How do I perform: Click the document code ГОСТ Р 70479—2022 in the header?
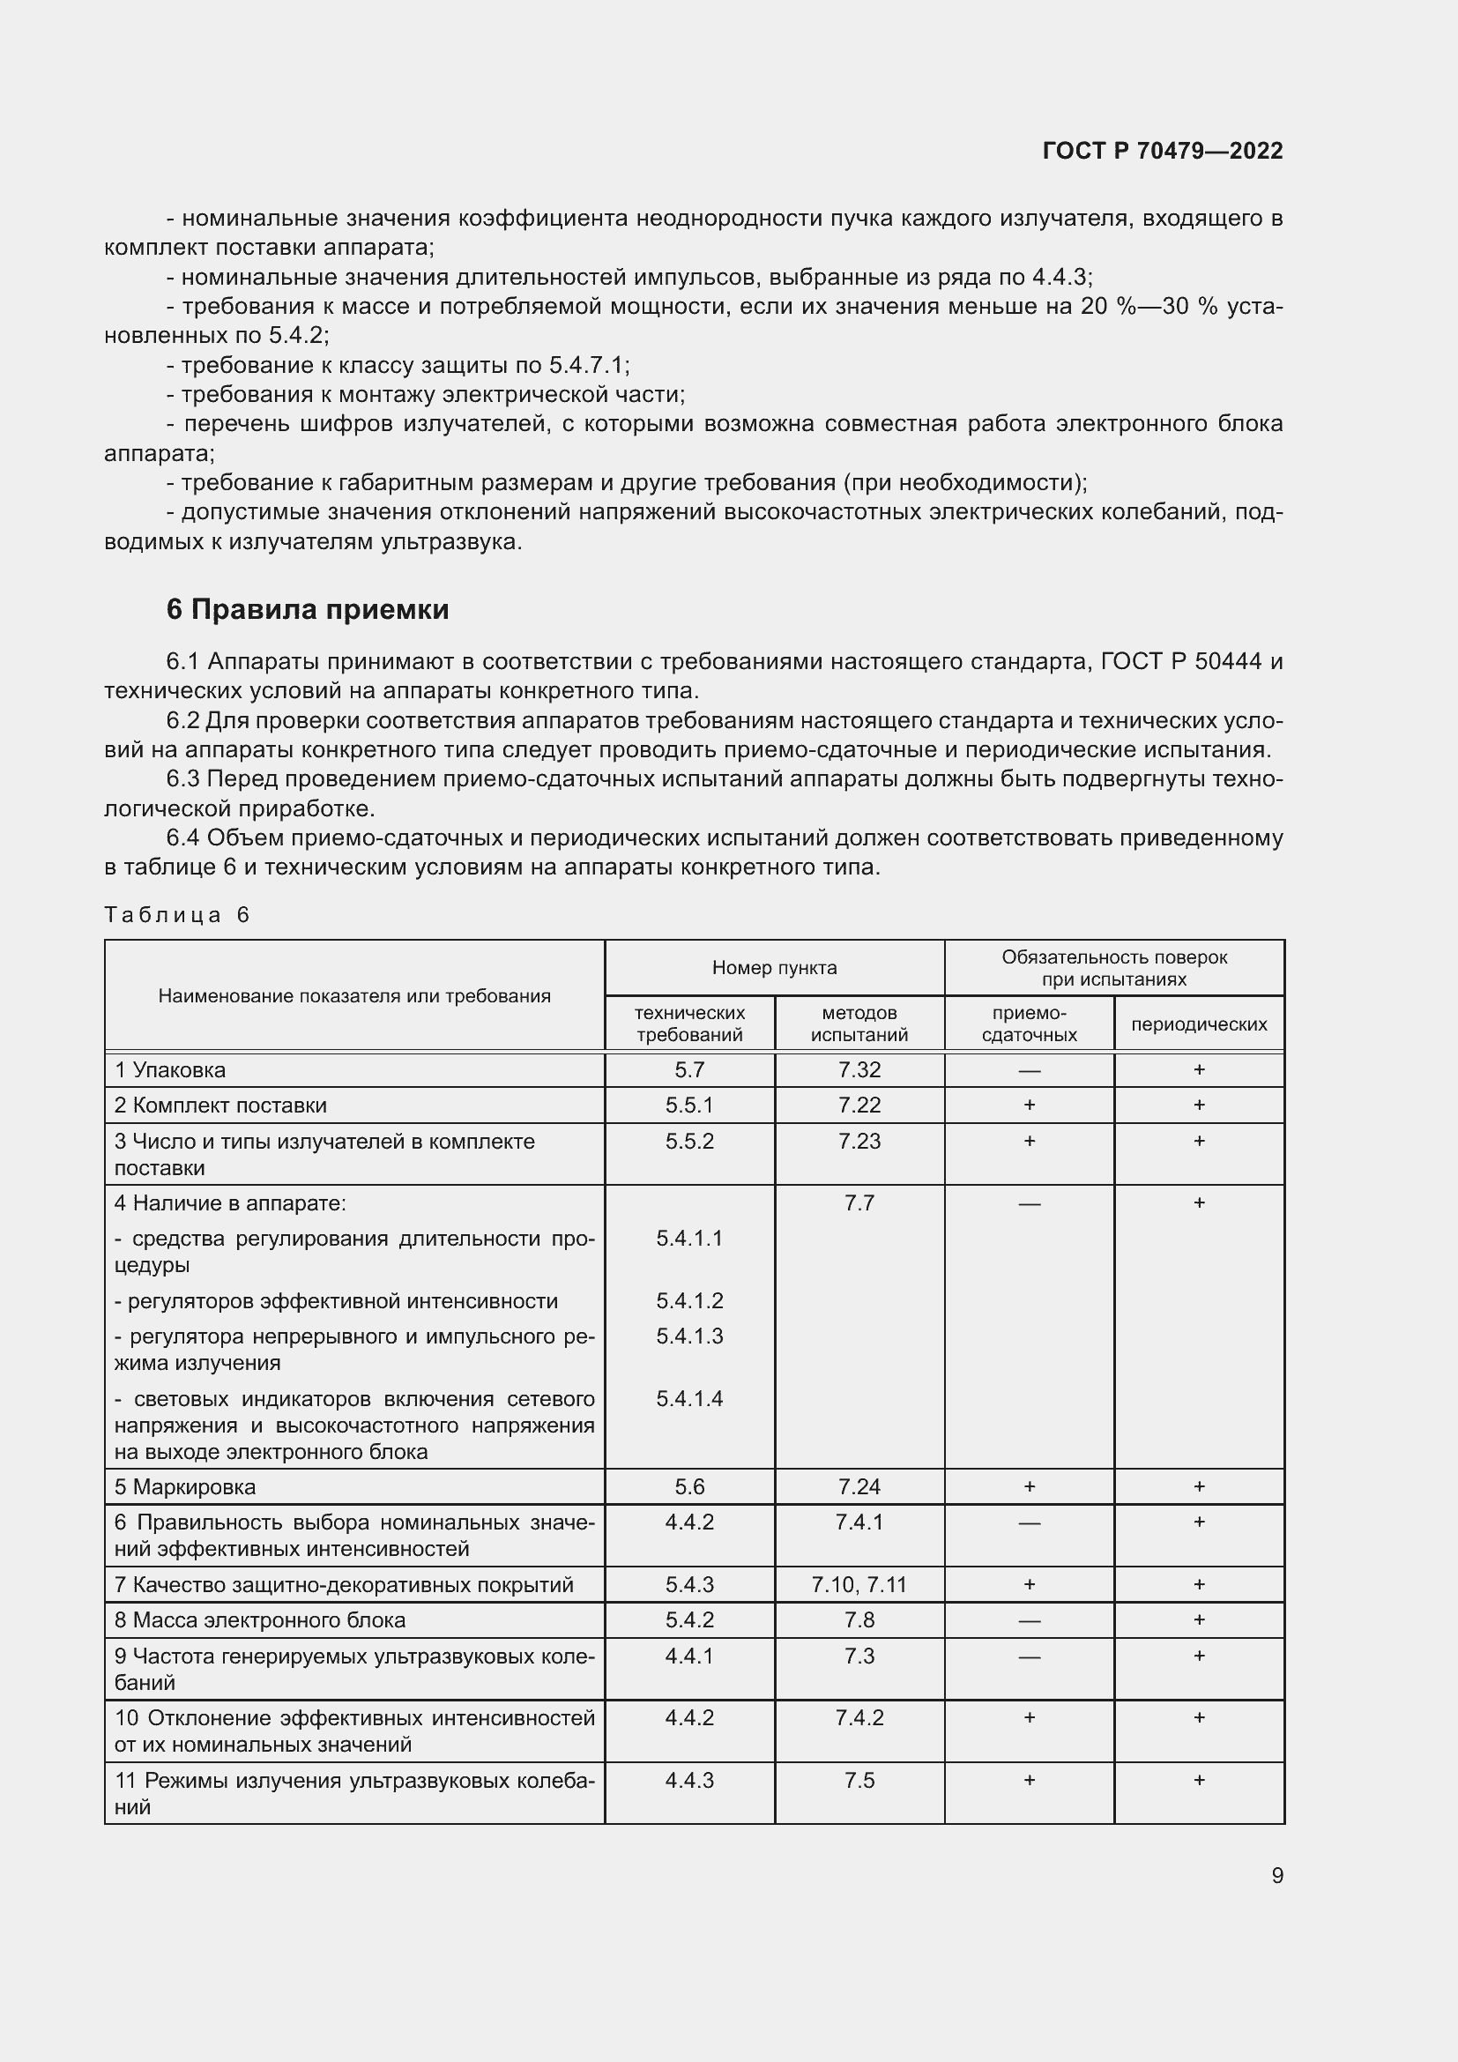(x=1162, y=151)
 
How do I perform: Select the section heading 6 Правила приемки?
(x=307, y=610)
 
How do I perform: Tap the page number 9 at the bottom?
(x=1276, y=1875)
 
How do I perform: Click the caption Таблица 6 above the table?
(x=177, y=915)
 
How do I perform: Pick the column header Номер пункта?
(x=774, y=967)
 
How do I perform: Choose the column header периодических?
(x=1199, y=1024)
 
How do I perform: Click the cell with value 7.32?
(x=859, y=1069)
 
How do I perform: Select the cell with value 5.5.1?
(x=688, y=1105)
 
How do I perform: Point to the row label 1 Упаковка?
(x=169, y=1069)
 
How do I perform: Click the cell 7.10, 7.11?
(x=859, y=1585)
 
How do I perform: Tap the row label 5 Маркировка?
(x=185, y=1487)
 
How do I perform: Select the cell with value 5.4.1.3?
(x=688, y=1336)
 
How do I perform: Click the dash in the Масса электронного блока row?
(x=1029, y=1621)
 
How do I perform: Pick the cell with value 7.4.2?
(x=859, y=1718)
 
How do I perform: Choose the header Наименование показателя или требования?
(x=353, y=995)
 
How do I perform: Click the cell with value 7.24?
(x=859, y=1487)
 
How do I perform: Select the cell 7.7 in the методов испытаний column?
(x=859, y=1202)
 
